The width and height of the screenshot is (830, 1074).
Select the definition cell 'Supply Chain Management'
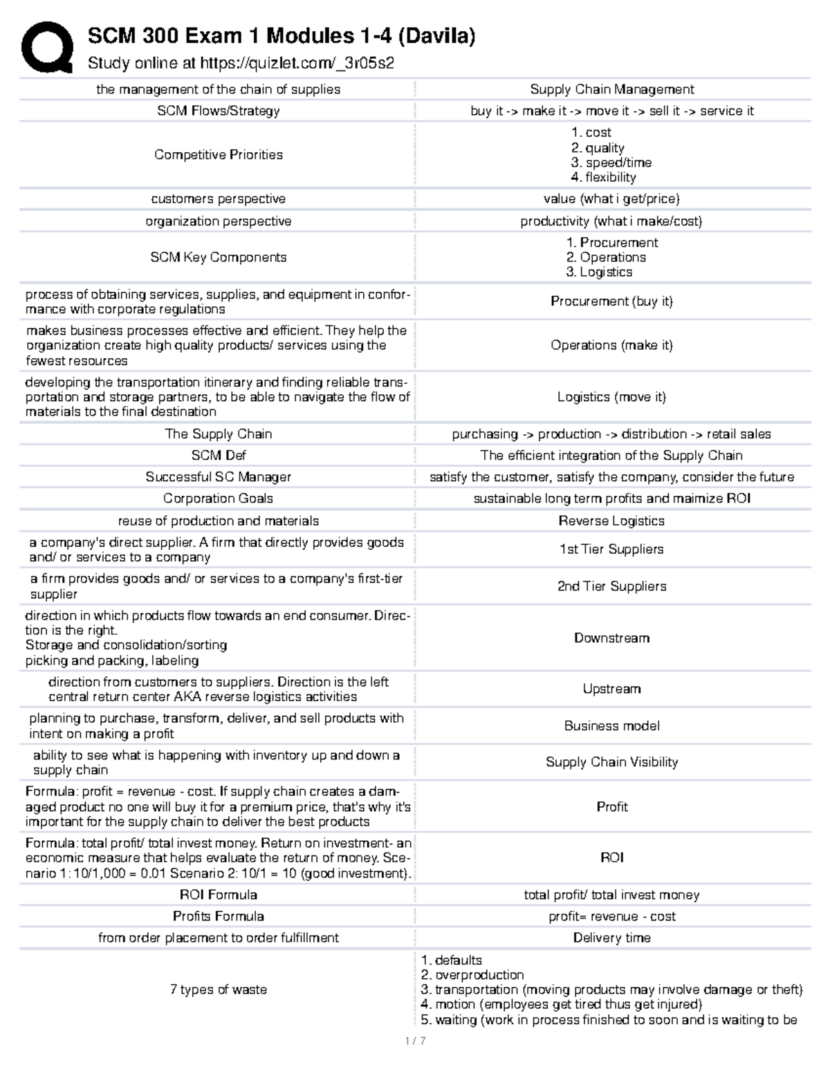pyautogui.click(x=611, y=89)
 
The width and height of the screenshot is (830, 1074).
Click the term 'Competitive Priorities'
pyautogui.click(x=218, y=155)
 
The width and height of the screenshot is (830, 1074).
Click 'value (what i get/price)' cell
pyautogui.click(x=611, y=199)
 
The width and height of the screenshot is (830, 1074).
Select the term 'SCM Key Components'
pyautogui.click(x=218, y=257)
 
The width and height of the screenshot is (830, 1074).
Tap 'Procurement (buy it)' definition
pyautogui.click(x=611, y=302)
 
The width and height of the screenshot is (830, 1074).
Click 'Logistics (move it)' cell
pyautogui.click(x=611, y=397)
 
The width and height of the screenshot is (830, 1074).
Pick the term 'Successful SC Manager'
pyautogui.click(x=218, y=477)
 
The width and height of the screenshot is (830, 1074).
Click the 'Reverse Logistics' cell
pyautogui.click(x=611, y=521)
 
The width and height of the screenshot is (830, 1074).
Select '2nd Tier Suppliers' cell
pyautogui.click(x=611, y=586)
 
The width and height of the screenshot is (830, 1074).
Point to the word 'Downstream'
pyautogui.click(x=611, y=638)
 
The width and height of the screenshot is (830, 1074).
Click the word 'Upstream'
pyautogui.click(x=611, y=689)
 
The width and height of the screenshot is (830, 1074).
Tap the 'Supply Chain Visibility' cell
pyautogui.click(x=611, y=762)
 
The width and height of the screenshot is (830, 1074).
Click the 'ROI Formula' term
pyautogui.click(x=218, y=895)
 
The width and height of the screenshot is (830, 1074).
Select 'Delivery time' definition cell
pyautogui.click(x=611, y=938)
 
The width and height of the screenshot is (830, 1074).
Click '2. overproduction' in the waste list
pyautogui.click(x=472, y=975)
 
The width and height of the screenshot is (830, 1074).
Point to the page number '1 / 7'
pyautogui.click(x=415, y=1041)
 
